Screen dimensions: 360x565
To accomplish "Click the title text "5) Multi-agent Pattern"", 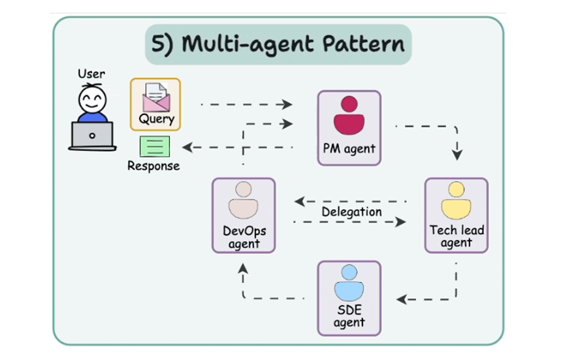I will pos(278,44).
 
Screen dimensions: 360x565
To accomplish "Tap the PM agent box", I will pos(349,127).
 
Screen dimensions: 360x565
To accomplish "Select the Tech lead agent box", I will pos(456,215).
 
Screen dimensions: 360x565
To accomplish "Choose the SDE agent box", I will pos(349,297).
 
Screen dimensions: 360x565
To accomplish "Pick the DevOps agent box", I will pos(243,215).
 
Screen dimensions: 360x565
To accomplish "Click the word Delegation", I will pos(351,212).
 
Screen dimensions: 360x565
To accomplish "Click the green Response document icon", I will pos(155,146).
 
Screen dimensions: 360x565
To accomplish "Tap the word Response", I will pos(153,166).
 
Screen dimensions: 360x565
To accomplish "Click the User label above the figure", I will pos(91,74).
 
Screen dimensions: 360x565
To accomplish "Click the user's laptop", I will pos(91,136).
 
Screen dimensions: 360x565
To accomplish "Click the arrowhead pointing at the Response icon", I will pos(187,147).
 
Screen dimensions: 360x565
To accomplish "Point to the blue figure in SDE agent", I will pos(349,282).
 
